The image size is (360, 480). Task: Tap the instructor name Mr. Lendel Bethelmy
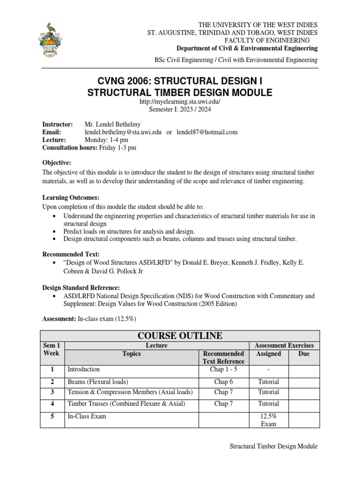click(113, 124)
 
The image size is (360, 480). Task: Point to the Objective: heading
click(57, 162)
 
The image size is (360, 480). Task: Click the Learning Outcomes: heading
click(71, 198)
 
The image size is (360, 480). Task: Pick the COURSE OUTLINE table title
click(180, 336)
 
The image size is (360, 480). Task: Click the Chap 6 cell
click(224, 382)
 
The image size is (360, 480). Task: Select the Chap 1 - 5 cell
click(224, 369)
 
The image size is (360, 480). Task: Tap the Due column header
click(304, 354)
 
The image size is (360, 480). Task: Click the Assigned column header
click(269, 354)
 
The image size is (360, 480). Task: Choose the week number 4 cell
click(52, 404)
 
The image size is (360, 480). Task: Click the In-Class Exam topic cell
click(87, 416)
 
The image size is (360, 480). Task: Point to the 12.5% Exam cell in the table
click(269, 420)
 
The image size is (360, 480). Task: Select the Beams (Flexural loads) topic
click(98, 382)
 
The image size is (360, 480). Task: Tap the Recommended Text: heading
click(71, 254)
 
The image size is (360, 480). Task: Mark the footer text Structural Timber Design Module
click(273, 446)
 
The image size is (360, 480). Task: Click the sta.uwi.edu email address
click(123, 132)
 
